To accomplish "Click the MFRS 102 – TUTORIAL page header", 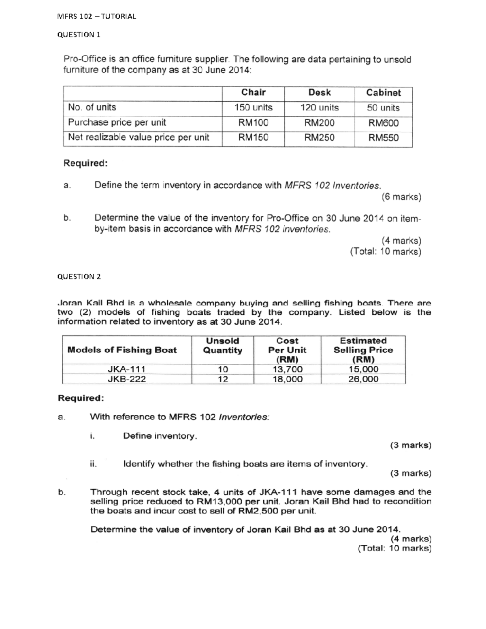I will pyautogui.click(x=97, y=17).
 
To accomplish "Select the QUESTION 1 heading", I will pyautogui.click(x=79, y=35).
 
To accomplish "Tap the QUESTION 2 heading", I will pyautogui.click(x=79, y=277).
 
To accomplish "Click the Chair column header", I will pyautogui.click(x=254, y=92).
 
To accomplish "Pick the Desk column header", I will pyautogui.click(x=320, y=93).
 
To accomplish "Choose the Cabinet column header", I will pyautogui.click(x=383, y=93).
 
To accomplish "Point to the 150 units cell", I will pyautogui.click(x=254, y=108).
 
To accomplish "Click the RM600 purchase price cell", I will pyautogui.click(x=383, y=123).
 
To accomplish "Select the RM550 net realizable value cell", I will pyautogui.click(x=383, y=138).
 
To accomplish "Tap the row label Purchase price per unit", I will pyautogui.click(x=117, y=123).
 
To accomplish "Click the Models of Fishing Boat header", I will pyautogui.click(x=122, y=350).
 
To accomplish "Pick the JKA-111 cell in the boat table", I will pyautogui.click(x=126, y=369).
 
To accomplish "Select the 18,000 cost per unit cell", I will pyautogui.click(x=287, y=380).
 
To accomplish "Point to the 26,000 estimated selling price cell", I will pyautogui.click(x=363, y=380).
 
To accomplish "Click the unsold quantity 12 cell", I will pyautogui.click(x=223, y=380).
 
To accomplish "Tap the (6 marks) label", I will pyautogui.click(x=401, y=197).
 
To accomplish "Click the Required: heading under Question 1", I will pyautogui.click(x=85, y=163).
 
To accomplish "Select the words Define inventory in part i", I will pyautogui.click(x=160, y=436).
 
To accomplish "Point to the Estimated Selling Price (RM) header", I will pyautogui.click(x=363, y=350).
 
